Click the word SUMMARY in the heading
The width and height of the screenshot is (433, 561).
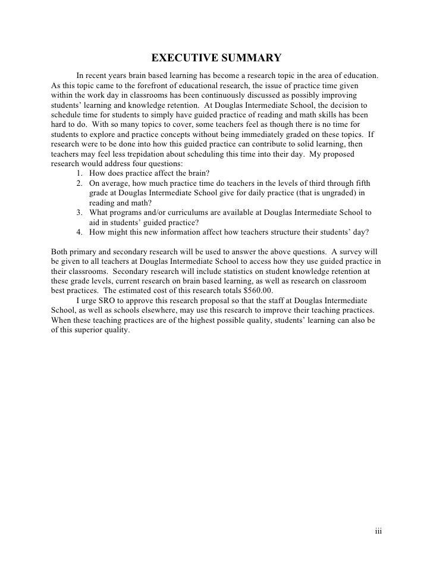coord(249,58)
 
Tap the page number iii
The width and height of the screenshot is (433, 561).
coord(378,531)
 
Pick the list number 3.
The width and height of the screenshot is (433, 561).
coord(80,212)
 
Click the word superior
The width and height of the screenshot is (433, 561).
coord(79,329)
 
